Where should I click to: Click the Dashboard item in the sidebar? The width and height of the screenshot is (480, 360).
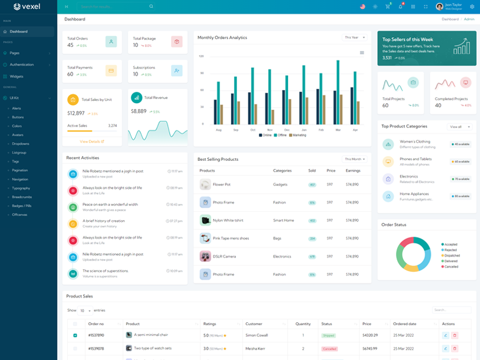(x=19, y=31)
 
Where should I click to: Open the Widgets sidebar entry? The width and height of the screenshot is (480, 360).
(x=16, y=76)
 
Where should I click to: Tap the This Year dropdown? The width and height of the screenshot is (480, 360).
(x=355, y=37)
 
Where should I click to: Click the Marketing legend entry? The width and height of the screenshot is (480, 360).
(x=298, y=135)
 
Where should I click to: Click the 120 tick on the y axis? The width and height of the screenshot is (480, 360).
(x=202, y=56)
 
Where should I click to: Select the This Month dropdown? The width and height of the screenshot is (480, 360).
(x=355, y=159)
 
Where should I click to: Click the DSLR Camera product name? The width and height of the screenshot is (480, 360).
(x=224, y=256)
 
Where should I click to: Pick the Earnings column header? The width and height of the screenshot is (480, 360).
(x=353, y=171)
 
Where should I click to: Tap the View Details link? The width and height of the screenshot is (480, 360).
(x=92, y=142)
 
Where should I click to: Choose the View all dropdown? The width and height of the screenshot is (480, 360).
(x=459, y=127)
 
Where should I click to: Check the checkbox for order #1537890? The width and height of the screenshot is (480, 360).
(x=75, y=335)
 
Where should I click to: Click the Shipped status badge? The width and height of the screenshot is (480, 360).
(x=329, y=335)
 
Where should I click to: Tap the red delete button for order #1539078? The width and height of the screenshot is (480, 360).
(x=454, y=348)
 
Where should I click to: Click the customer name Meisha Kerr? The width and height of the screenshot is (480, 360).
(x=256, y=348)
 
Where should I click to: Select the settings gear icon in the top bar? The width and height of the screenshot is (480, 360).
(x=472, y=7)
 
